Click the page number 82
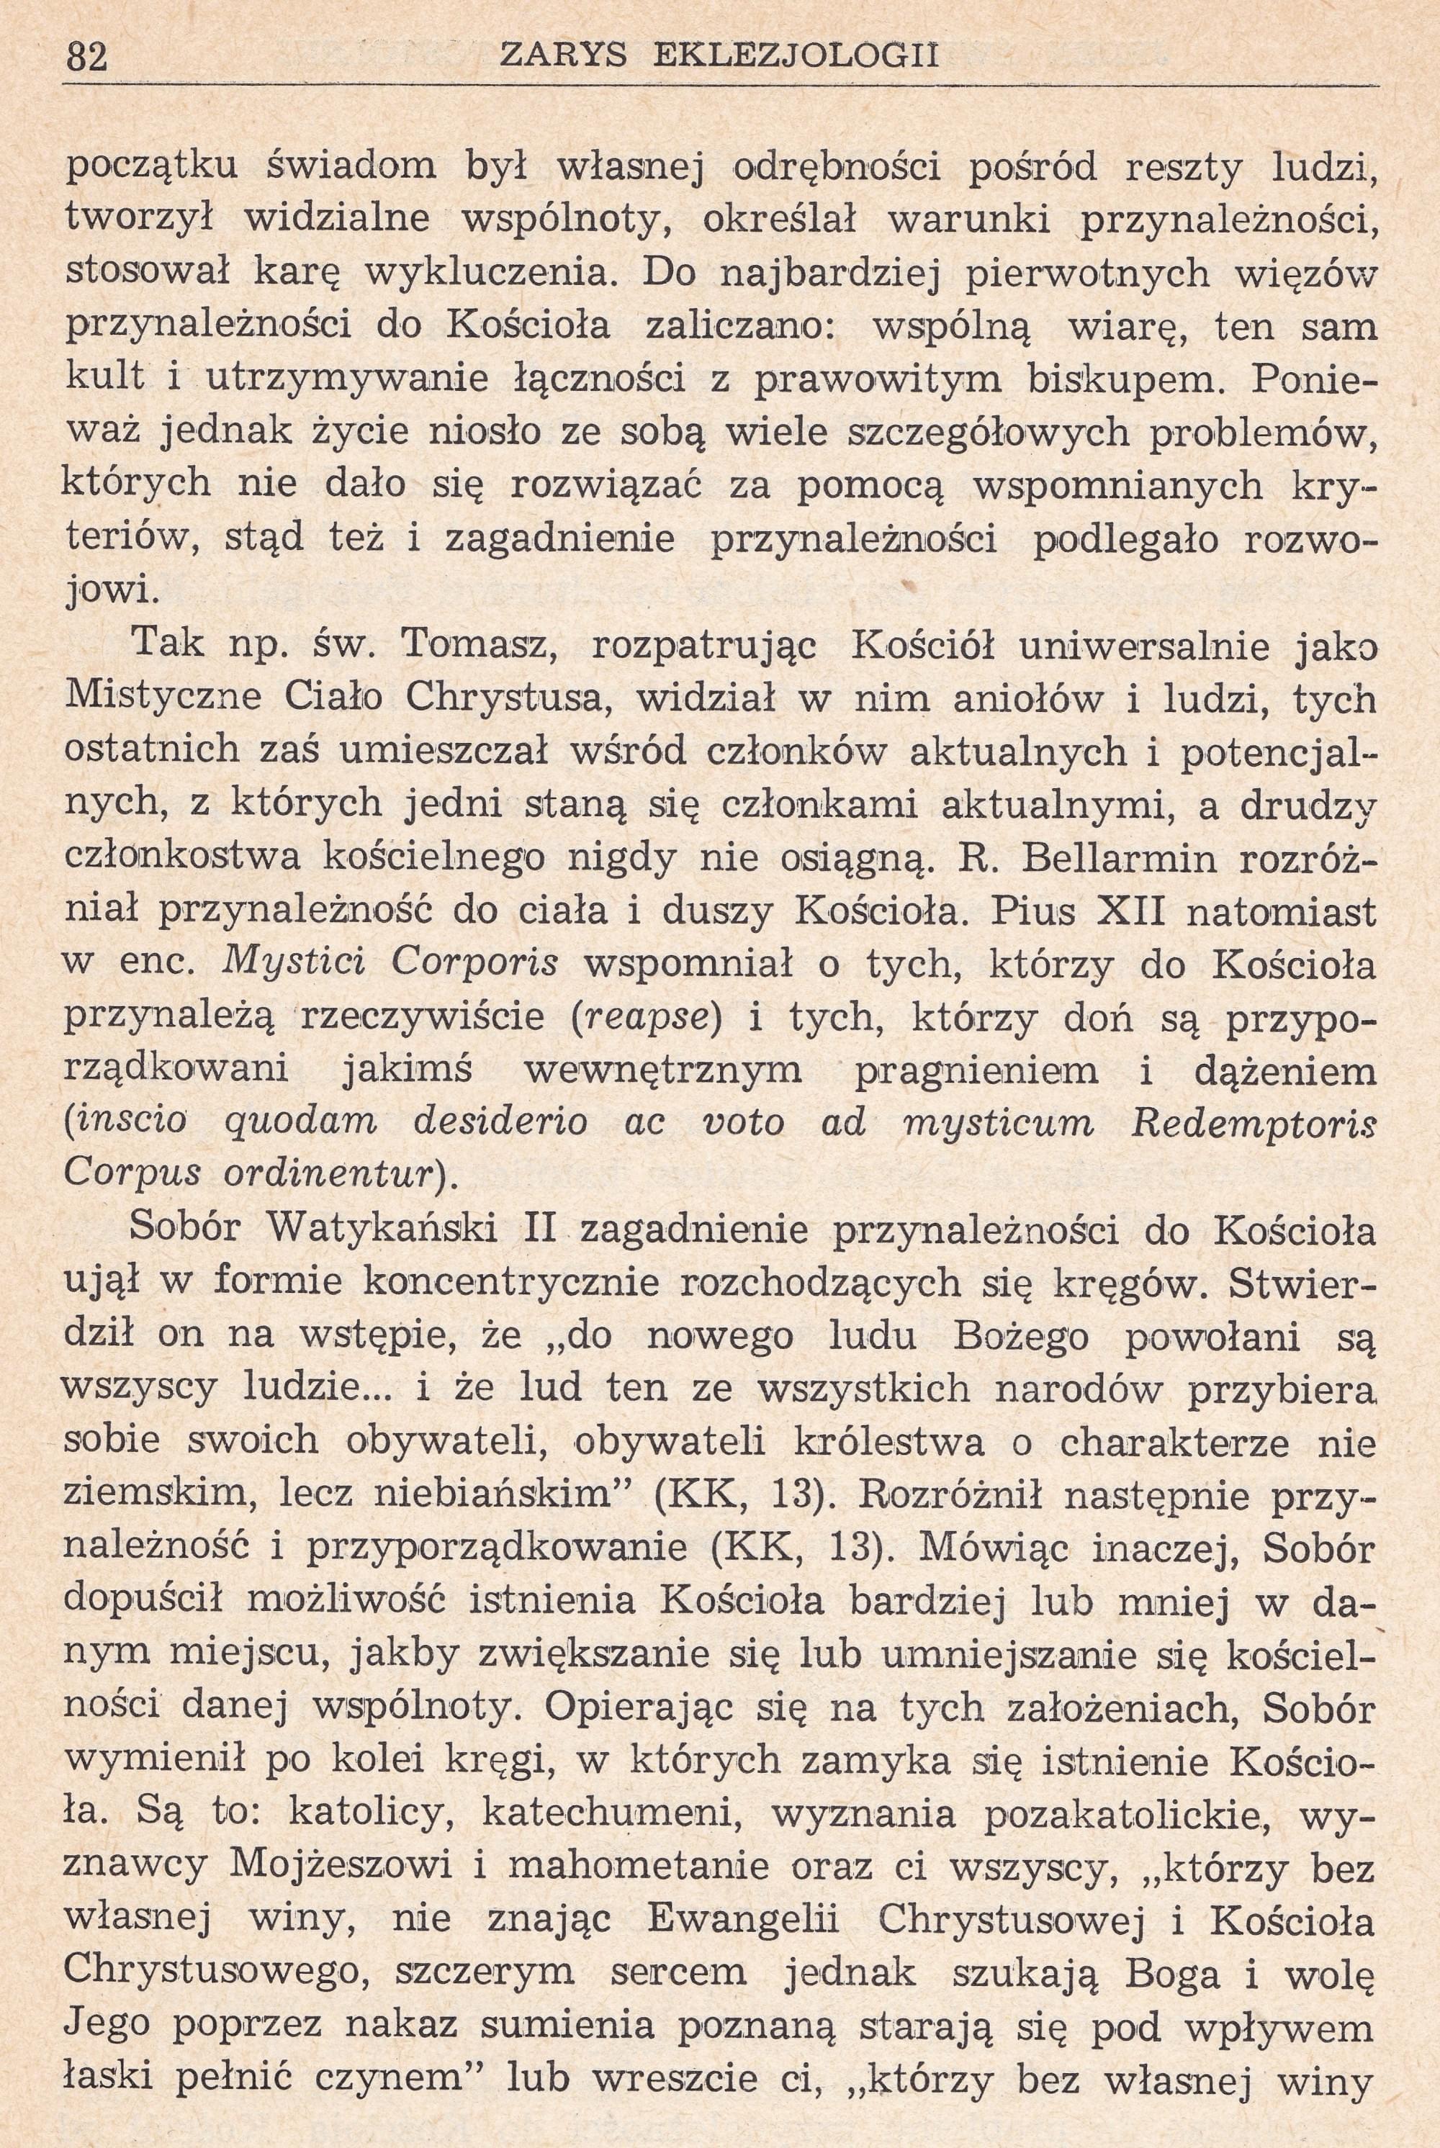(88, 57)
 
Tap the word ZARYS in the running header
(562, 56)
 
